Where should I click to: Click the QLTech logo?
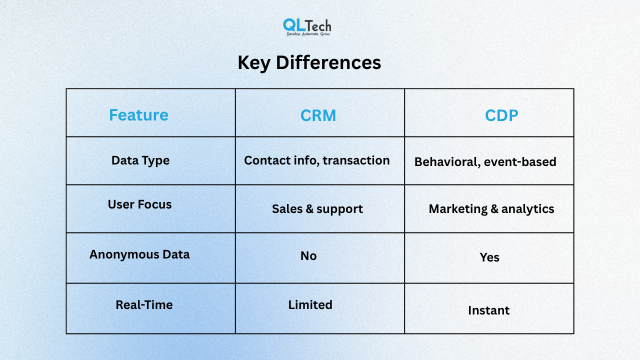pyautogui.click(x=307, y=27)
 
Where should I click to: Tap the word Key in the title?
pyautogui.click(x=254, y=63)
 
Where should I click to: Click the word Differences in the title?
pyautogui.click(x=328, y=62)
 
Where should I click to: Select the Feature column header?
pyautogui.click(x=138, y=115)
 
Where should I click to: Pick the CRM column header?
pyautogui.click(x=318, y=115)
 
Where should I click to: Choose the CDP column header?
pyautogui.click(x=501, y=115)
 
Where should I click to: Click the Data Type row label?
pyautogui.click(x=140, y=160)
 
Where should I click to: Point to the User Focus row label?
pyautogui.click(x=139, y=204)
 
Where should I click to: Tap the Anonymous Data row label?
pyautogui.click(x=139, y=254)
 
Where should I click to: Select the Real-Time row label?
pyautogui.click(x=144, y=305)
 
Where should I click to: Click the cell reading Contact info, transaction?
pyautogui.click(x=317, y=160)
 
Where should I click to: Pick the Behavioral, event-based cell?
pyautogui.click(x=485, y=161)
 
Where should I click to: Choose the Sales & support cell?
pyautogui.click(x=317, y=209)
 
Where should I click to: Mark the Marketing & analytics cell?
pyautogui.click(x=491, y=209)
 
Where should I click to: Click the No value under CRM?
pyautogui.click(x=308, y=255)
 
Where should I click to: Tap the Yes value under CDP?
pyautogui.click(x=489, y=257)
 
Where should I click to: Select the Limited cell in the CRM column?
pyautogui.click(x=310, y=305)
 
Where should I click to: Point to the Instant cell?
pyautogui.click(x=488, y=310)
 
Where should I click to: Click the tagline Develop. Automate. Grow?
pyautogui.click(x=308, y=34)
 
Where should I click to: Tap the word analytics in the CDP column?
pyautogui.click(x=527, y=209)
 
